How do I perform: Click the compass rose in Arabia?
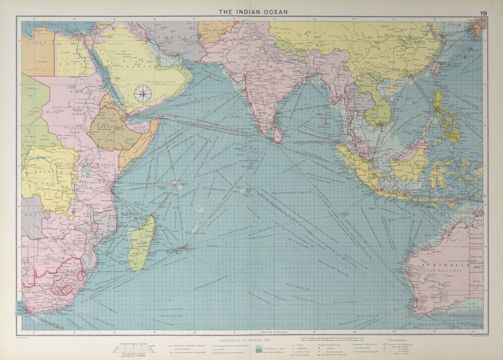[x=143, y=94]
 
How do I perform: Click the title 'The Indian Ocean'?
[x=253, y=12]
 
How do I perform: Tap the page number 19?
[x=483, y=13]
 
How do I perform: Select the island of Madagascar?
[x=141, y=242]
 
